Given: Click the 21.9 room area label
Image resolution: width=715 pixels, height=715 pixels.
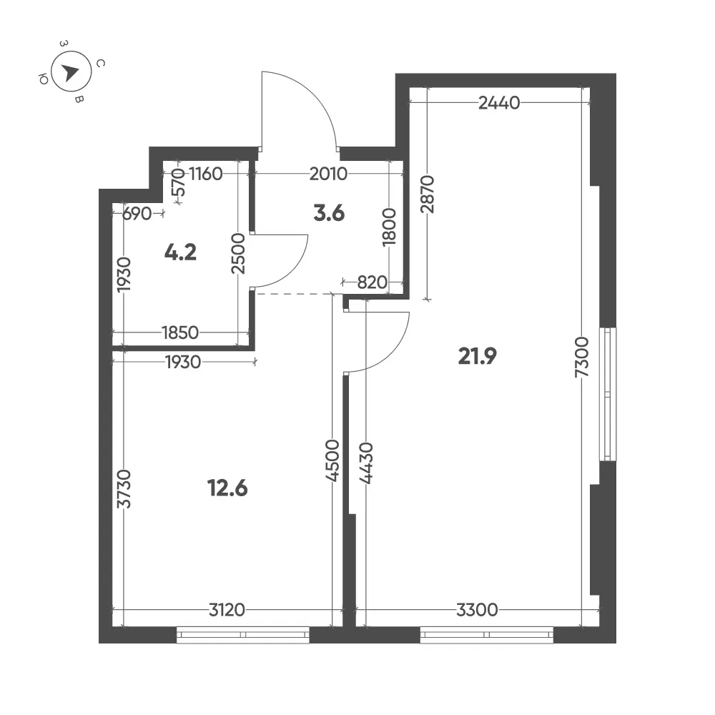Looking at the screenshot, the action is (x=477, y=356).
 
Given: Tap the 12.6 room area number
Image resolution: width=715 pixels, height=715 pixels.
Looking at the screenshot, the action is (x=227, y=488).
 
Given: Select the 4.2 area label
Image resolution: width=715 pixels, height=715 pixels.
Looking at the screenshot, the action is (x=181, y=252).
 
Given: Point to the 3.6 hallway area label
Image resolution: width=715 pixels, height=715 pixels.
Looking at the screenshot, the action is (x=329, y=213).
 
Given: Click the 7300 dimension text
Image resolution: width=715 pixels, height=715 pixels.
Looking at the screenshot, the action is (x=582, y=357).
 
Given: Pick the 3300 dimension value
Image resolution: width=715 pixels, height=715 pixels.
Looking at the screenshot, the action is (x=477, y=610).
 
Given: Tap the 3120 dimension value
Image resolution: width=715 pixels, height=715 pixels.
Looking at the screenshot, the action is (x=227, y=610).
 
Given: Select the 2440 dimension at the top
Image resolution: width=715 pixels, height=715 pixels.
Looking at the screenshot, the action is (x=499, y=103).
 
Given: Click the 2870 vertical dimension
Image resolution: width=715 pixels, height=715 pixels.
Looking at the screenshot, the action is (x=428, y=194).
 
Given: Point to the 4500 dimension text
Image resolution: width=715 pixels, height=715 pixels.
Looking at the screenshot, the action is (x=332, y=461).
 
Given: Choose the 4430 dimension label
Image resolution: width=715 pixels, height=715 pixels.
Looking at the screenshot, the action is (x=366, y=463).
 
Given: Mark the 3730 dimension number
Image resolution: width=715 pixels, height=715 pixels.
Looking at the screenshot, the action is (x=124, y=489).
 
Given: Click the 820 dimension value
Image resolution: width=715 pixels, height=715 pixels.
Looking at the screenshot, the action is (x=372, y=282).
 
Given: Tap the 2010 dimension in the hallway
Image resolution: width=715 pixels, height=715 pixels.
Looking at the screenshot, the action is (x=328, y=174).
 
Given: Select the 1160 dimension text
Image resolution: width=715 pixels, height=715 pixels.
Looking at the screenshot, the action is (x=206, y=174).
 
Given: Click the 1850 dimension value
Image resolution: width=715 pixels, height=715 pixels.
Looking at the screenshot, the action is (x=181, y=333).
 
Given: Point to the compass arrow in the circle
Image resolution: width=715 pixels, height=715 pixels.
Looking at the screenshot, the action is (x=70, y=72).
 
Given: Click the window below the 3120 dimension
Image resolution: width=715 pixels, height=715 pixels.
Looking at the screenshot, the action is (x=242, y=635).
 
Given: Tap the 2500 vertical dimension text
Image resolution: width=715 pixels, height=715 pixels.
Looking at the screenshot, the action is (x=238, y=254).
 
